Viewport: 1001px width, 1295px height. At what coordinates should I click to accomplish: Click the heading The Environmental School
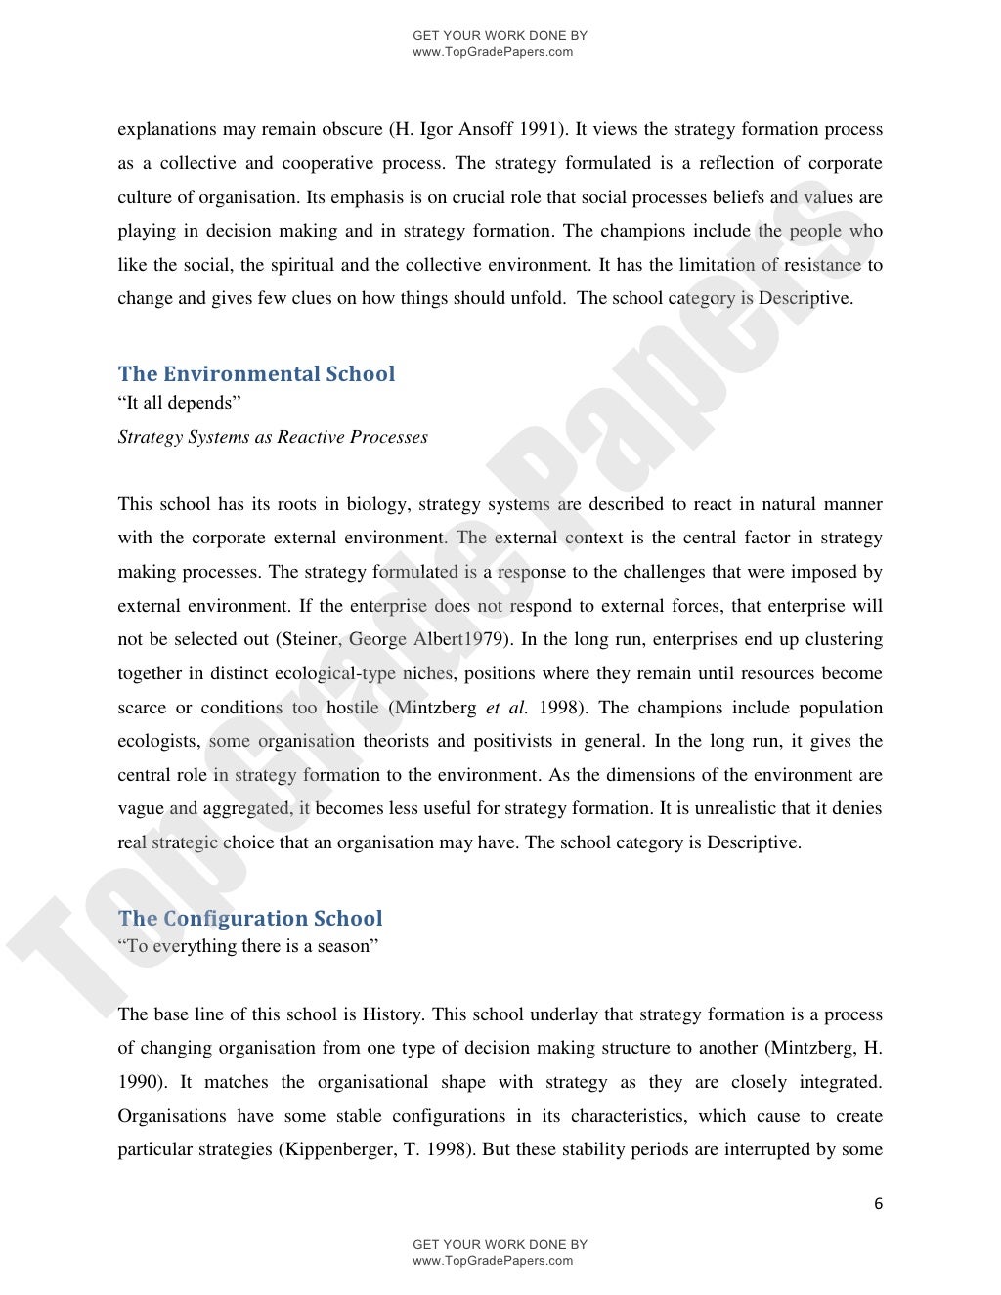pos(256,374)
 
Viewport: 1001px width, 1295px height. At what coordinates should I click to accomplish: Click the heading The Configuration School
pos(250,919)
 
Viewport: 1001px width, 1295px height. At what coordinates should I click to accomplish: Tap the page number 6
pos(878,1204)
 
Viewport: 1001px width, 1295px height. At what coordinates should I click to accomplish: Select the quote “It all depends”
pos(179,403)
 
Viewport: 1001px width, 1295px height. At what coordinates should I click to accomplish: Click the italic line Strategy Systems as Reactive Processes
pos(273,437)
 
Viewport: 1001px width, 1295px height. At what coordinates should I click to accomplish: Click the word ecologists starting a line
pos(157,741)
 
